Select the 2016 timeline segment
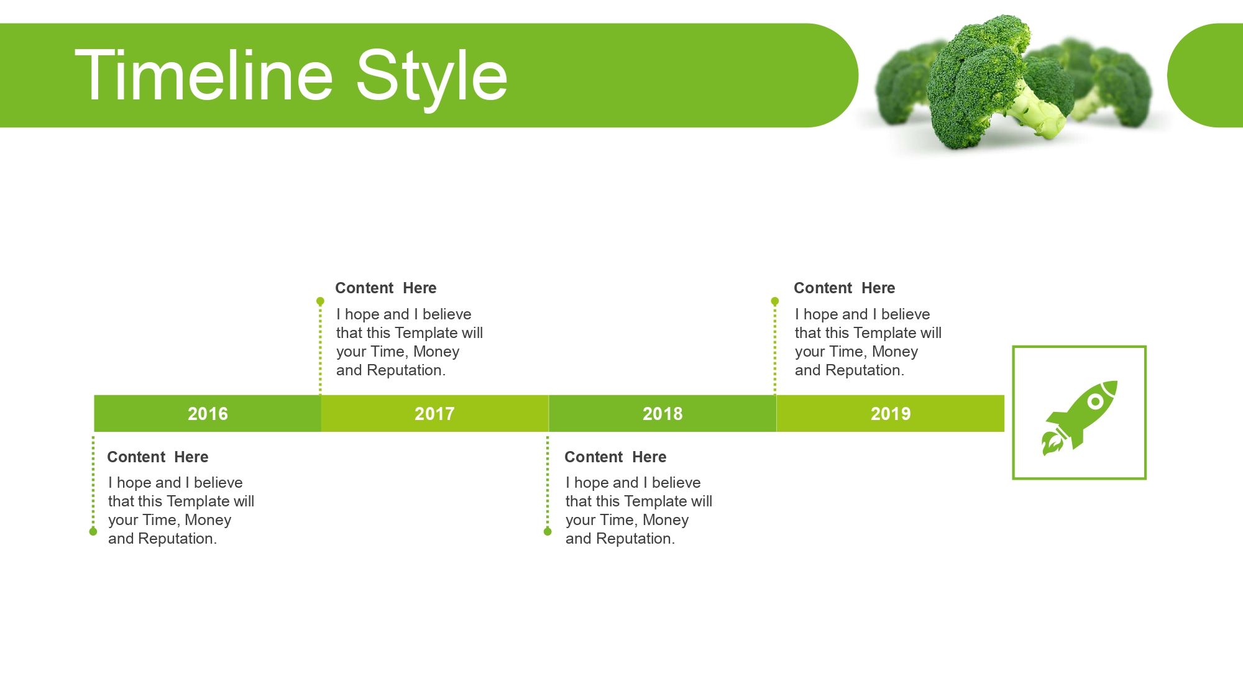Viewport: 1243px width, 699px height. [x=208, y=413]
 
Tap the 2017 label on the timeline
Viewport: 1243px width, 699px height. [x=434, y=414]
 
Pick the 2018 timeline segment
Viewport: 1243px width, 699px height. [x=663, y=413]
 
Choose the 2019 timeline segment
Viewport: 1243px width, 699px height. [x=890, y=413]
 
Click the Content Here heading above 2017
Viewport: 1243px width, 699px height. [x=385, y=288]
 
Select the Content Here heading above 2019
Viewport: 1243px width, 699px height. [x=844, y=288]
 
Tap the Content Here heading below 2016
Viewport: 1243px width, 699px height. [x=157, y=457]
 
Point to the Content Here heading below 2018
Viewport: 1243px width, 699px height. [x=615, y=457]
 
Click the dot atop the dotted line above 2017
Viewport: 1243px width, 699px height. [x=320, y=301]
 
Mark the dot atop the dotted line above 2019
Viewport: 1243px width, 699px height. [x=775, y=301]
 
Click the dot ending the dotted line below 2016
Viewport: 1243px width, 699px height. [x=93, y=531]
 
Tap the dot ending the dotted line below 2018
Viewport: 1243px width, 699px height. [x=548, y=531]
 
